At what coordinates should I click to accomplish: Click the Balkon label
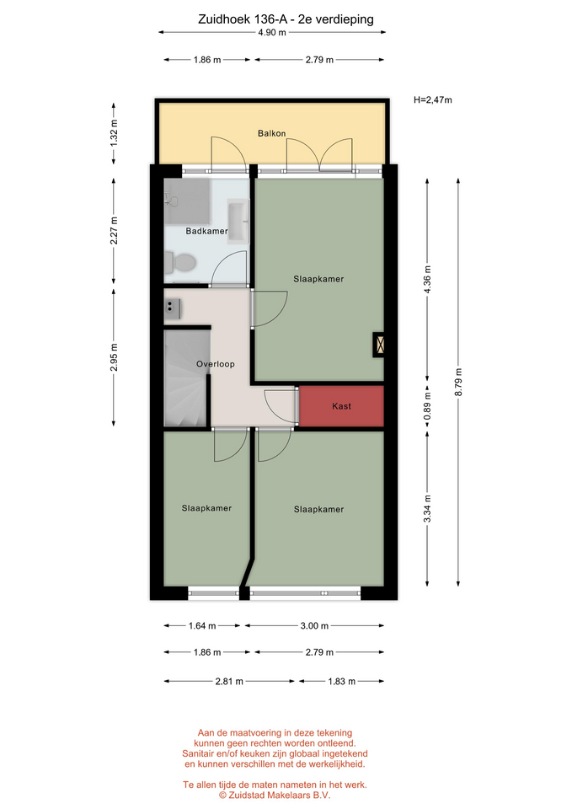[x=272, y=133]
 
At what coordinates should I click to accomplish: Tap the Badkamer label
[x=206, y=231]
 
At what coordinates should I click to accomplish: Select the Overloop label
[x=216, y=364]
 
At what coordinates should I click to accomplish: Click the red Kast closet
[x=341, y=406]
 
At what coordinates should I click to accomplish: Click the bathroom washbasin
[x=238, y=222]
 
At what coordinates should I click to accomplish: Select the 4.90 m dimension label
[x=272, y=33]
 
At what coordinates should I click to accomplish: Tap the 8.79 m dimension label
[x=458, y=383]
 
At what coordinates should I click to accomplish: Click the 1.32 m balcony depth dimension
[x=114, y=134]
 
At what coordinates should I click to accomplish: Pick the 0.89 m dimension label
[x=428, y=406]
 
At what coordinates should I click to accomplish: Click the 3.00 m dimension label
[x=314, y=626]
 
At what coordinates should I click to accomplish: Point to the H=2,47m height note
[x=433, y=100]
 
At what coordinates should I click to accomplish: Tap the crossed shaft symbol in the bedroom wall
[x=379, y=344]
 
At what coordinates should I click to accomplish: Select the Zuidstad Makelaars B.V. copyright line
[x=275, y=796]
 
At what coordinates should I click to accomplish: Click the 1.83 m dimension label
[x=341, y=682]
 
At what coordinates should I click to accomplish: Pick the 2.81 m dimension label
[x=229, y=682]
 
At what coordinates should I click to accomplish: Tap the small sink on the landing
[x=172, y=308]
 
